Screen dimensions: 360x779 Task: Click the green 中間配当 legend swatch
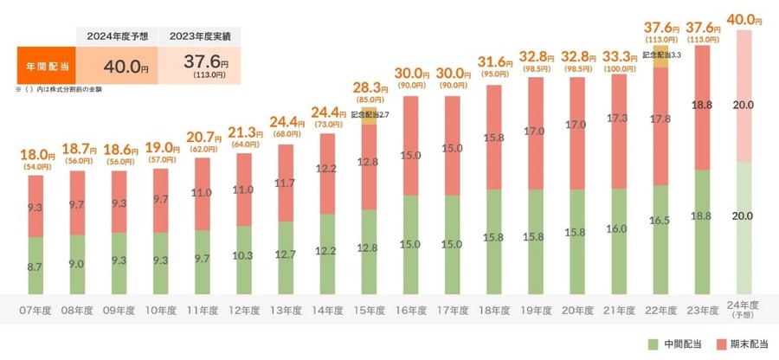pos(654,344)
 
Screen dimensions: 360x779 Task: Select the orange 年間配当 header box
pos(45,65)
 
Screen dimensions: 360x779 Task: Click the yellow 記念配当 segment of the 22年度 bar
pos(660,57)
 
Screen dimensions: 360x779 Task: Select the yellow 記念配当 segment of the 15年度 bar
pos(369,119)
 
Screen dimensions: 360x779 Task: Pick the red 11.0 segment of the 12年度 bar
pos(243,190)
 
